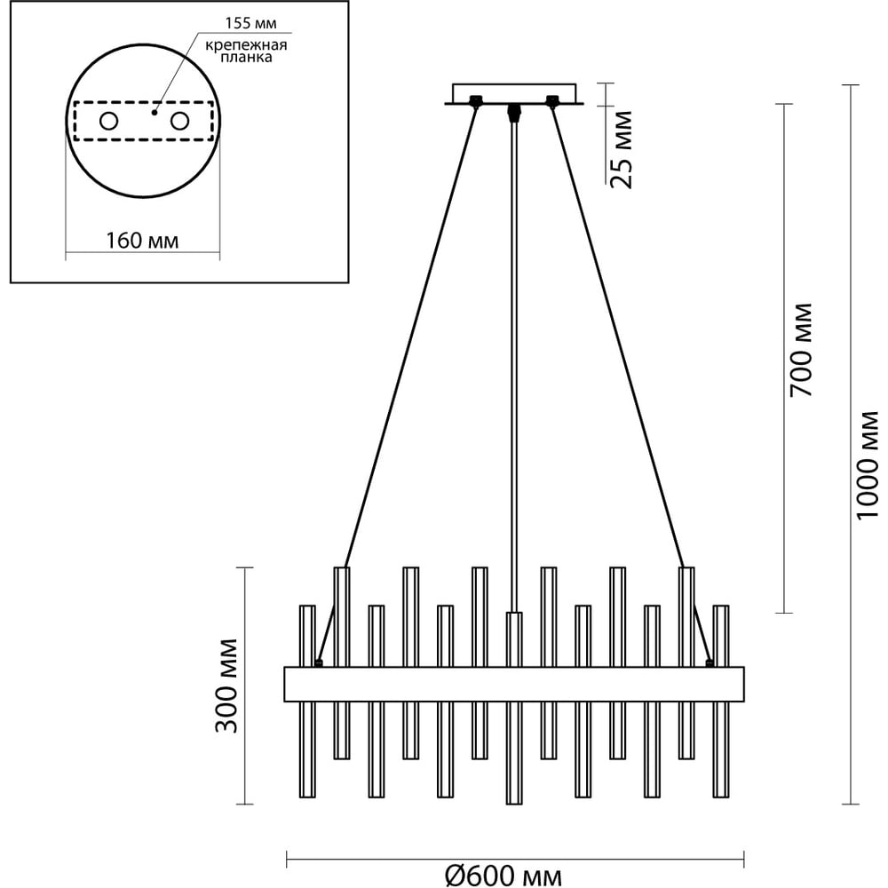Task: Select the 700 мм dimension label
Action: (x=801, y=350)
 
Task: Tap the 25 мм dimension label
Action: (x=622, y=149)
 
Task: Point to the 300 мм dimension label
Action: (x=228, y=686)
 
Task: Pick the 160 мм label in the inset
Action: (x=143, y=241)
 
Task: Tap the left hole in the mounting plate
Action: (x=108, y=121)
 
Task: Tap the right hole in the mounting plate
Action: (x=180, y=121)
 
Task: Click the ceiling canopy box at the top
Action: (x=515, y=93)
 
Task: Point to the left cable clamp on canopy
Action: (x=477, y=101)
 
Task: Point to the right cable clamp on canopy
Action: (x=552, y=101)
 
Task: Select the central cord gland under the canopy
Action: (x=513, y=112)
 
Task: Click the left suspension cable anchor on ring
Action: (x=319, y=662)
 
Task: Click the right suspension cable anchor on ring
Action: (x=709, y=662)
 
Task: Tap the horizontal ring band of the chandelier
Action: (x=513, y=683)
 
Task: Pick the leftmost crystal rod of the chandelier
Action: (x=307, y=702)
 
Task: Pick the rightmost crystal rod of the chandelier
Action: (x=720, y=702)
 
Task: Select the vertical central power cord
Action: (x=513, y=355)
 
